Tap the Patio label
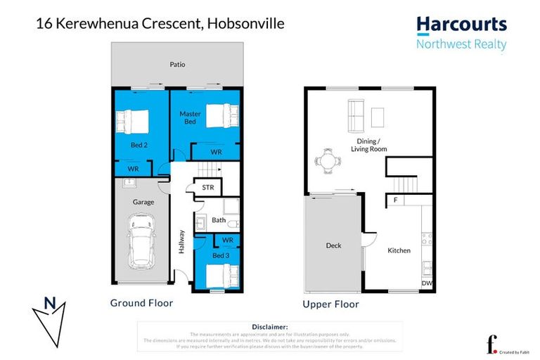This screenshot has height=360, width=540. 177,64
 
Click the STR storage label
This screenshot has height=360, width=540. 208,188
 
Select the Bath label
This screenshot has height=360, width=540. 218,220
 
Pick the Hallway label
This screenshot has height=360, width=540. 181,242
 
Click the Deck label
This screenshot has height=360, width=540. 333,245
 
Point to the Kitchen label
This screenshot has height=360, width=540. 398,250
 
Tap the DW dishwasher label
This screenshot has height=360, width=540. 425,283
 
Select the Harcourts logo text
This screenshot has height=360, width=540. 461,25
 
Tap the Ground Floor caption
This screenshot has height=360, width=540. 141,303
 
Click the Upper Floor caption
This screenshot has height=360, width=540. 330,304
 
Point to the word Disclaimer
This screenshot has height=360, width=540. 269,327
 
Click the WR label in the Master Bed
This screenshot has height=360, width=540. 217,152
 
